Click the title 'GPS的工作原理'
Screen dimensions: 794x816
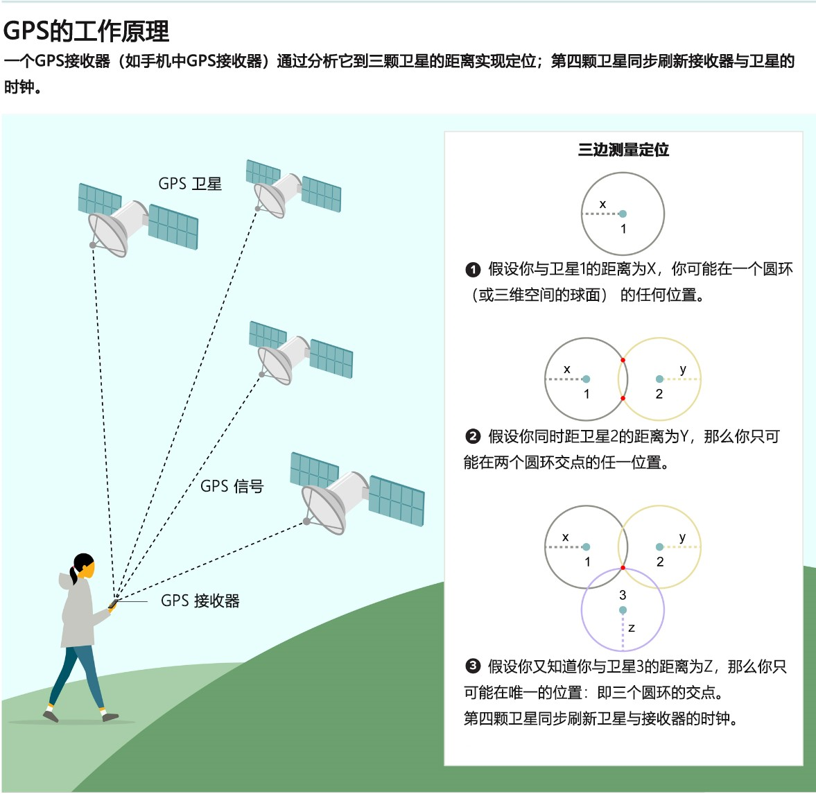86,31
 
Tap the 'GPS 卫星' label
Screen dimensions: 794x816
190,184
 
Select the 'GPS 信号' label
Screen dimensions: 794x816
232,486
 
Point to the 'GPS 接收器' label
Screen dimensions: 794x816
200,601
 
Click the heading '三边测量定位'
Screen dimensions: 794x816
623,150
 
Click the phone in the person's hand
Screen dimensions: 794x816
112,605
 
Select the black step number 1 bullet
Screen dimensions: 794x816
473,269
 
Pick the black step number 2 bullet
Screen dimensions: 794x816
473,436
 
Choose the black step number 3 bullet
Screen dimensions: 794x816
473,666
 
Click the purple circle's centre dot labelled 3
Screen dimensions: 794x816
623,610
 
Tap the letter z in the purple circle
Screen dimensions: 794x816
632,628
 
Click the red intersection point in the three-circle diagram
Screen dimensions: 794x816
623,568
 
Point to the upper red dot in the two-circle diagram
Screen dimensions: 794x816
623,360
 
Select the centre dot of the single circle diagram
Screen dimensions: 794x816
623,214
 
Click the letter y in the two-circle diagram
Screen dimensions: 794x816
683,369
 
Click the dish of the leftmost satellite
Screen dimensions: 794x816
107,234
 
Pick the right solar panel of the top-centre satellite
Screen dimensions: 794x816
321,194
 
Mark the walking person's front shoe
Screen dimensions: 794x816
110,716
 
